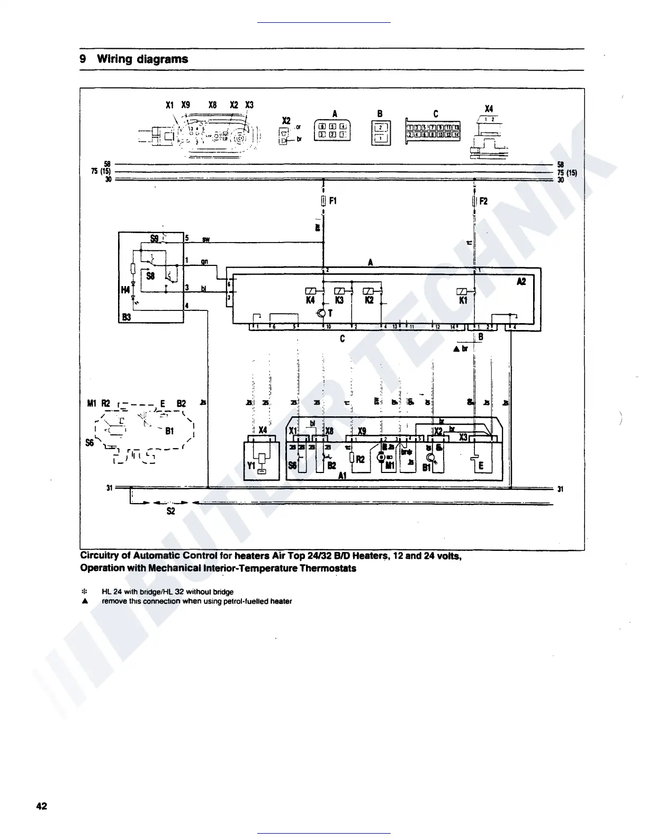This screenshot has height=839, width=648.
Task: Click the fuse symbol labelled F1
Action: [323, 201]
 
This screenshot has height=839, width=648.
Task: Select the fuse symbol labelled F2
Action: [474, 201]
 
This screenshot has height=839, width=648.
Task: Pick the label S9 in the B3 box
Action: [154, 238]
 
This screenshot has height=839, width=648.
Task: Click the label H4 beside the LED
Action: [125, 290]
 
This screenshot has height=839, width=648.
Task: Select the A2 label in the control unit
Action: [521, 282]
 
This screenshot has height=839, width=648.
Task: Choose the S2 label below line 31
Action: [170, 512]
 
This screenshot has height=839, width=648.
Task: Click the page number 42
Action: [42, 806]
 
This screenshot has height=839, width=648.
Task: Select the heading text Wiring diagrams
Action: [142, 59]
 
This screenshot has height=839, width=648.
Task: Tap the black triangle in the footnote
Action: [84, 601]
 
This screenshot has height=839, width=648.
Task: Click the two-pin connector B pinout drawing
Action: [381, 132]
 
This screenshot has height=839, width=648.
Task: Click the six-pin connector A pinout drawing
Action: [332, 130]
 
